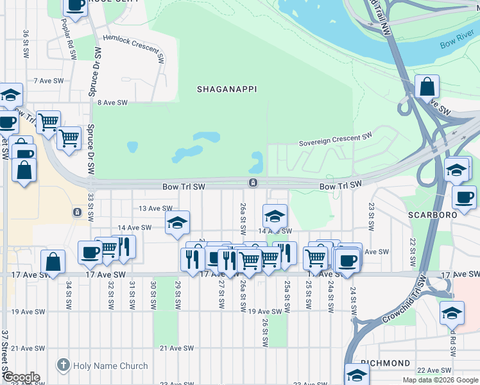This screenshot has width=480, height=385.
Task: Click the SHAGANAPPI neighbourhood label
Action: pyautogui.click(x=227, y=89)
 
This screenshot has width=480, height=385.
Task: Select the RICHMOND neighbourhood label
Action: pyautogui.click(x=385, y=363)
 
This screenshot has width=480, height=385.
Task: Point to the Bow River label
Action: pyautogui.click(x=457, y=44)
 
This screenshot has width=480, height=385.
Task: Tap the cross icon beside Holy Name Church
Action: pyautogui.click(x=63, y=366)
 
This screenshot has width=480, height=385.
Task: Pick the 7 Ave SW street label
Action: pyautogui.click(x=49, y=81)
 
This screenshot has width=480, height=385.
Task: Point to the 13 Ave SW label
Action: pyautogui.click(x=156, y=209)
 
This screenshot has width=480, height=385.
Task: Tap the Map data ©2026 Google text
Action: pyautogui.click(x=440, y=380)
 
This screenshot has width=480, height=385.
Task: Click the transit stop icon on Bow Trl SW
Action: pyautogui.click(x=253, y=184)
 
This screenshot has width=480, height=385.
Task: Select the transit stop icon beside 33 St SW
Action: pyautogui.click(x=77, y=212)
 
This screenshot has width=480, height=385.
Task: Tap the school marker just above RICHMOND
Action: pyautogui.click(x=357, y=373)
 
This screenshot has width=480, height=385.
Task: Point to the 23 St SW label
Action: pyautogui.click(x=372, y=217)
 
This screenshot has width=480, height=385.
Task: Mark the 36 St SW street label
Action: pyautogui.click(x=26, y=42)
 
